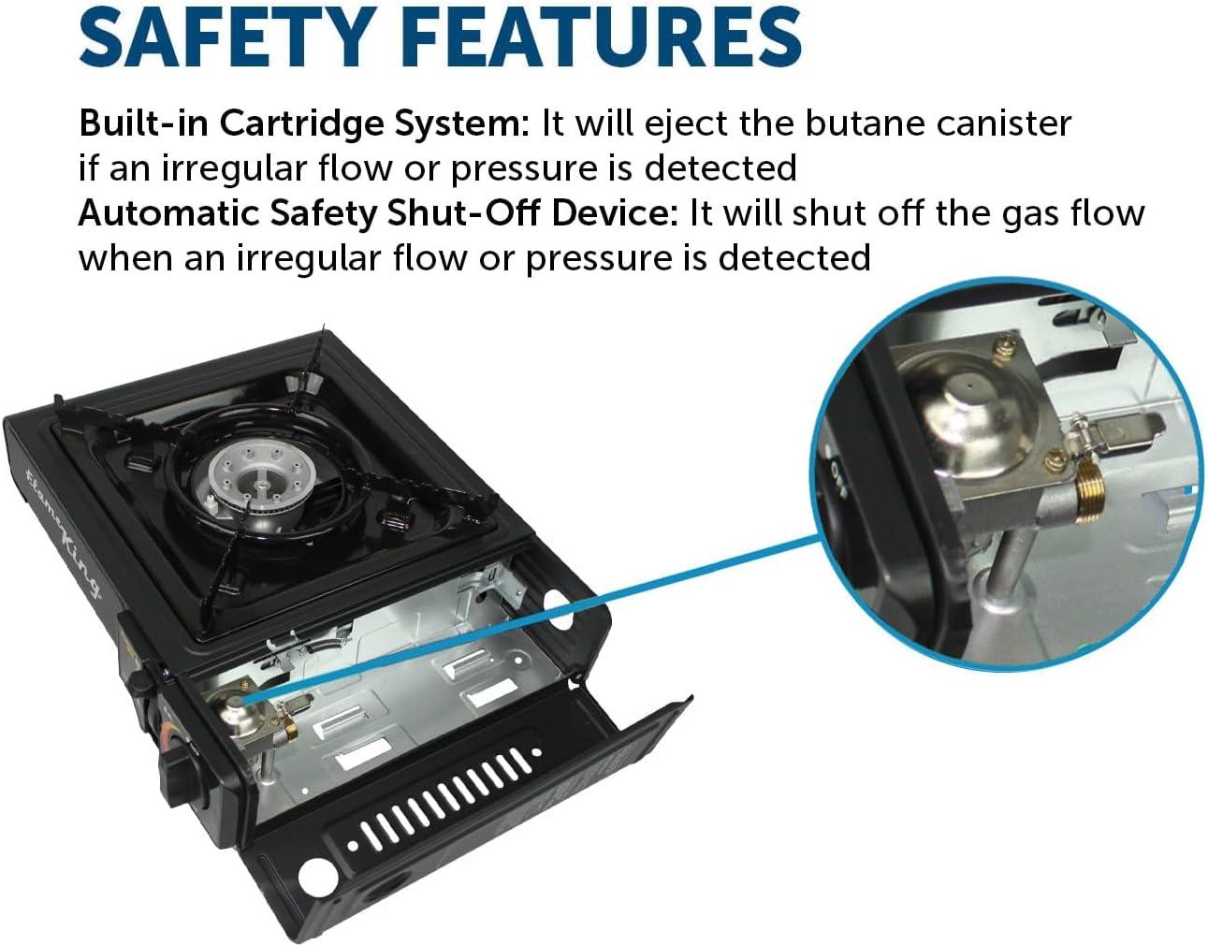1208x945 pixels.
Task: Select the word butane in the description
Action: [x=865, y=124]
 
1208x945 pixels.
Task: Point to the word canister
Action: [x=1004, y=124]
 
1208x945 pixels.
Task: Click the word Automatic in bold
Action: [x=168, y=213]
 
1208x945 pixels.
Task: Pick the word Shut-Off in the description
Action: [x=463, y=213]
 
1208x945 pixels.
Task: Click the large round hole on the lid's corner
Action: [x=317, y=877]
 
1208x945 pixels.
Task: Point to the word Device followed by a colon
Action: [x=616, y=213]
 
